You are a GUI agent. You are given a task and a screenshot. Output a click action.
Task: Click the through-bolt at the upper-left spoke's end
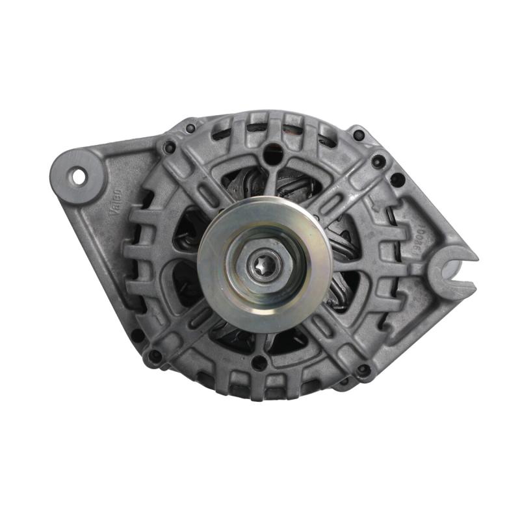coord(170,148)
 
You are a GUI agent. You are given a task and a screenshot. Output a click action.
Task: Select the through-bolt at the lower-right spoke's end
coord(364,370)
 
